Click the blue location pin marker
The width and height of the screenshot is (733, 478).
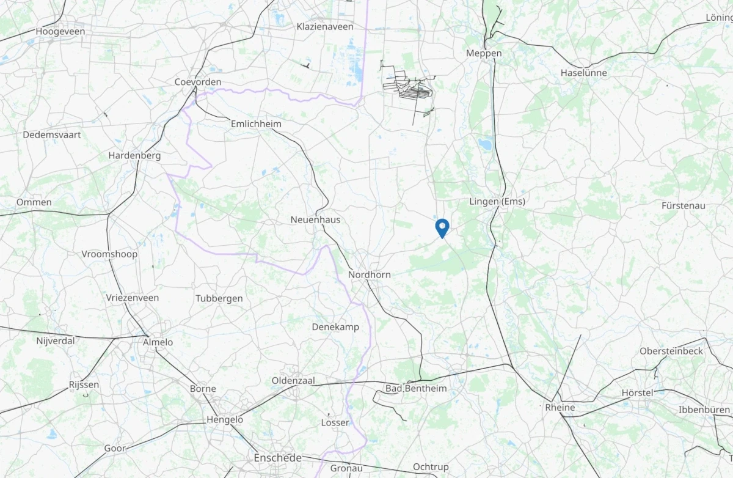tap(442, 228)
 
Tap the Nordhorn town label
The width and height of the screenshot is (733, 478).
tap(369, 275)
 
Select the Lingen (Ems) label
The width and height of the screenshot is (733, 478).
tap(497, 202)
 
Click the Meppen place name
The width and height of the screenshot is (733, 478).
tap(483, 53)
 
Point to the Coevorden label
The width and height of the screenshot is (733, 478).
tap(198, 82)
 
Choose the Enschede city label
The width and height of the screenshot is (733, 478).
tap(278, 458)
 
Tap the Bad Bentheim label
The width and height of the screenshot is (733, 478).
tap(416, 389)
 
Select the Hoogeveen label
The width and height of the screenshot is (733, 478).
tap(60, 31)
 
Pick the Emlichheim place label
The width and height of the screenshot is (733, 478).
tap(256, 123)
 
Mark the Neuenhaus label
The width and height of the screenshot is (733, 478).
tap(315, 219)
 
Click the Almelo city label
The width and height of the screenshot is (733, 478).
tap(158, 342)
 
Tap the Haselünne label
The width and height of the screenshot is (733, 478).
tap(583, 73)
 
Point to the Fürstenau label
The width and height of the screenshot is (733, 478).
tap(683, 206)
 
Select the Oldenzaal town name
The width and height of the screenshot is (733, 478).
tap(293, 381)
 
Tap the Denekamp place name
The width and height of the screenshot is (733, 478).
tap(335, 327)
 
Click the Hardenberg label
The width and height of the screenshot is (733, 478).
tap(134, 156)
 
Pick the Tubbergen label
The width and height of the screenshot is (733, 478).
tap(219, 298)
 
